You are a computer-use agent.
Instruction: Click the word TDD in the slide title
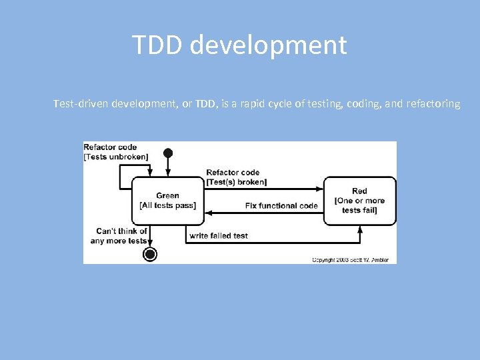coord(157,45)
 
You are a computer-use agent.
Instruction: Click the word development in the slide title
coord(268,45)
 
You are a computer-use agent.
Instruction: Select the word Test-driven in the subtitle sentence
coord(81,104)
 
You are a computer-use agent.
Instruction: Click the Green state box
coord(168,201)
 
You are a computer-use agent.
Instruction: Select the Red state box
coord(359,201)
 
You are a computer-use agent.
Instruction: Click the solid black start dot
coord(168,153)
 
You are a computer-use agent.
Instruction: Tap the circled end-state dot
coord(151,254)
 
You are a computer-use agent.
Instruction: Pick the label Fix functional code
coord(281,205)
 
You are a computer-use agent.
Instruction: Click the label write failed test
coord(219,235)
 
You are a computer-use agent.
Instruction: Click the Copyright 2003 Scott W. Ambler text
coord(350,259)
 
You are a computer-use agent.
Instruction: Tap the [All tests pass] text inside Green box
coord(168,205)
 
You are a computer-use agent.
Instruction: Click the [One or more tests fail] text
coord(359,205)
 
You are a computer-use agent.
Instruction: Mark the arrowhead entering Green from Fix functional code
coord(208,213)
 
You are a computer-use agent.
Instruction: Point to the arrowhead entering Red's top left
coord(321,187)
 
